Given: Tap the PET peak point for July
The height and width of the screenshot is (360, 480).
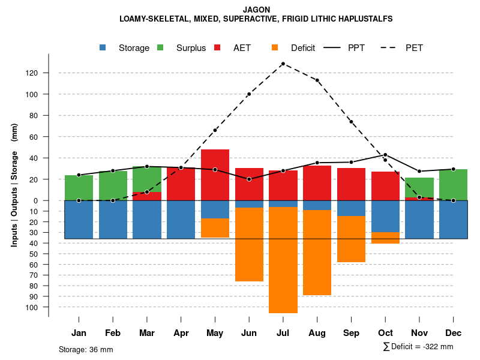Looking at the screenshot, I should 283,64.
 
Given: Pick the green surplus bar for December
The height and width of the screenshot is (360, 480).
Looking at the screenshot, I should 454,185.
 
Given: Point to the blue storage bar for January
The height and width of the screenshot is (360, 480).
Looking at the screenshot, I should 79,220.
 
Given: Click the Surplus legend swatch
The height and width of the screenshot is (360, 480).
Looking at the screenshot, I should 160,48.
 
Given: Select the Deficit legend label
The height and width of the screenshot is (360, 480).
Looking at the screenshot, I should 303,48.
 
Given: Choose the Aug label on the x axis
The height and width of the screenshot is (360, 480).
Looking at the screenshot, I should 317,333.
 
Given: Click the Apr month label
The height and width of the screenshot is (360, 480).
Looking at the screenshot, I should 181,333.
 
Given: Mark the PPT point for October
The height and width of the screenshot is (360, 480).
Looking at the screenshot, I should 385,155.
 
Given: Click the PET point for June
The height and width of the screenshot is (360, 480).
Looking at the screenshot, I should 249,94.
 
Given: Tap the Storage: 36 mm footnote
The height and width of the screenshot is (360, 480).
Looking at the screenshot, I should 86,349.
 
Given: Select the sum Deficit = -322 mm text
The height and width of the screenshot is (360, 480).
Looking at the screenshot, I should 418,347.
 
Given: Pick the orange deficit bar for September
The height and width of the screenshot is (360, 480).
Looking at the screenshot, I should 351,239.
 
